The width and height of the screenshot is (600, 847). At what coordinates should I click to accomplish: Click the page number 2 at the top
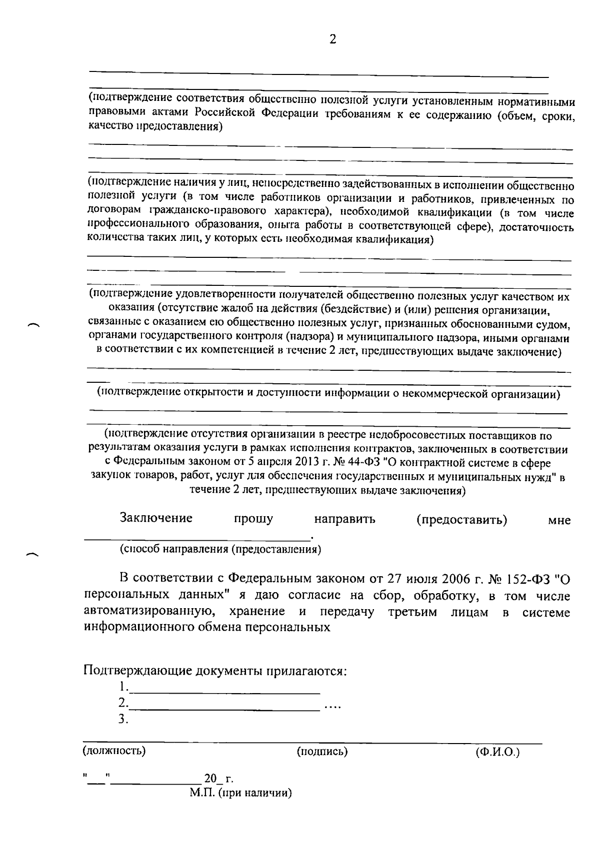point(332,39)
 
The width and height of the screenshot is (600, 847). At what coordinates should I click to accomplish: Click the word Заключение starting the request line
point(156,518)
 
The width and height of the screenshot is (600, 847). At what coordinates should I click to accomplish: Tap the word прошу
point(253,519)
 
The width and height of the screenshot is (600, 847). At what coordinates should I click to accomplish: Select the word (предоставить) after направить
point(461,519)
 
